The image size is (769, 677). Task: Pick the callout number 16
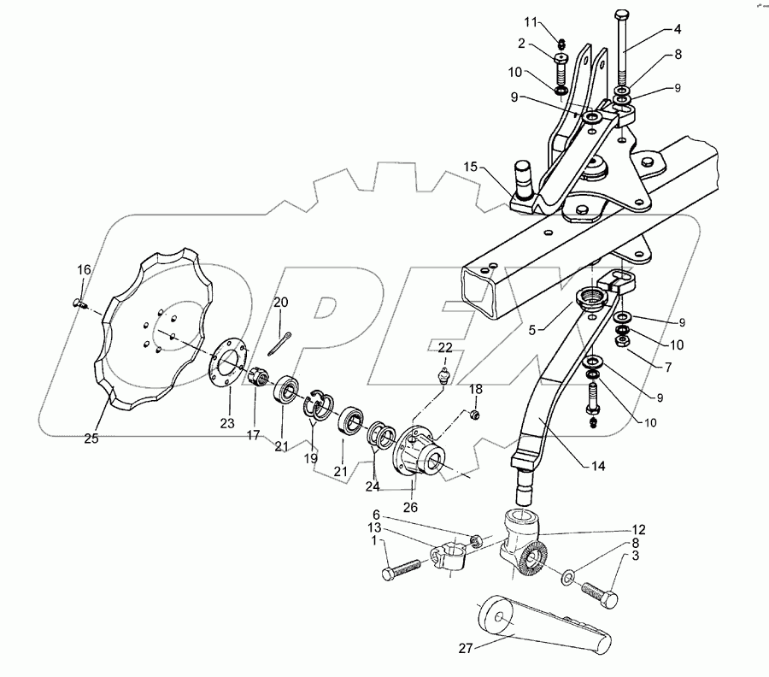84,270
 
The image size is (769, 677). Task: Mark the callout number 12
639,530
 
